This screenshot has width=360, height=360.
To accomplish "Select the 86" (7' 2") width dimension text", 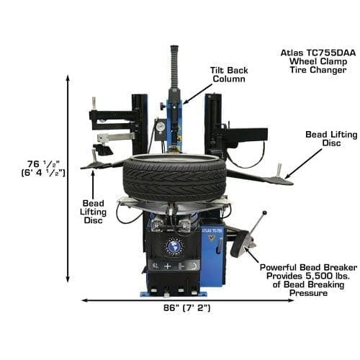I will (184, 308).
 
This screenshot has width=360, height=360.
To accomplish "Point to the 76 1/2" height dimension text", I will (42, 166).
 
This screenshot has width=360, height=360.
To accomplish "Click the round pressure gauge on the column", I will (160, 127).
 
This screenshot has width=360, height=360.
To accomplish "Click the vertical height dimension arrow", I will (68, 179).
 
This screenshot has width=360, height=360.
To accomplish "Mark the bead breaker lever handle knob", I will (264, 212).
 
